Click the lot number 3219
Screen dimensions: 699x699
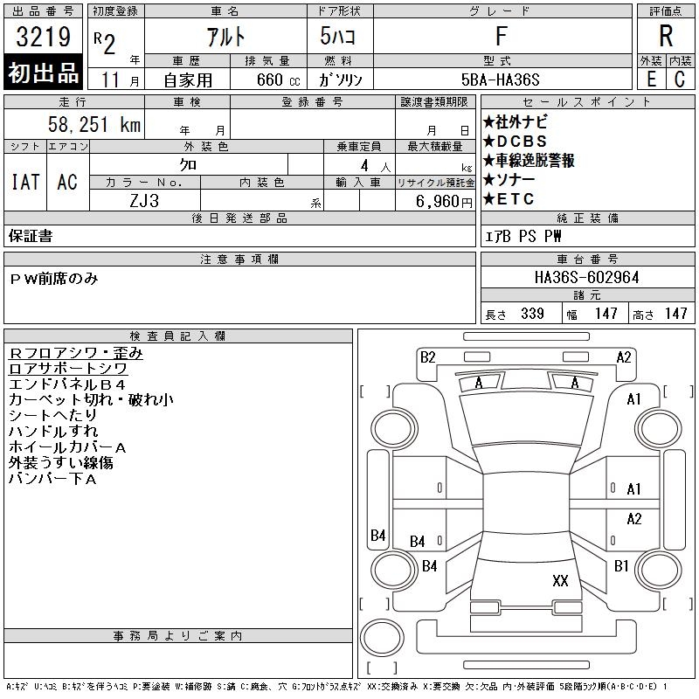tap(43, 36)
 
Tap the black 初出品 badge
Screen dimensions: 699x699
tap(43, 73)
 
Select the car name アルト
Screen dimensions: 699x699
tap(225, 36)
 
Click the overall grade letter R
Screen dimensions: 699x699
tap(666, 36)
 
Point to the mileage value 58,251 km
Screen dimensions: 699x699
tap(94, 124)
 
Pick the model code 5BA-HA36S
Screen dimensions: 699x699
tap(500, 80)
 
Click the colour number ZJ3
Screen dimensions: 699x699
tap(144, 201)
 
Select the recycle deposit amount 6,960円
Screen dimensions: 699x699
tap(444, 202)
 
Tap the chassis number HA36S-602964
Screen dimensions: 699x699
tap(586, 277)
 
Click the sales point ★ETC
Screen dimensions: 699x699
tap(509, 199)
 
